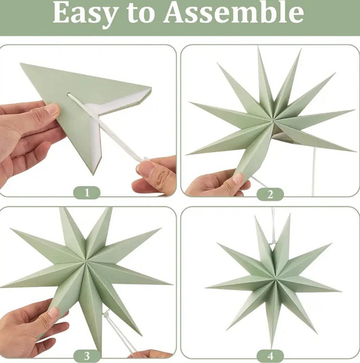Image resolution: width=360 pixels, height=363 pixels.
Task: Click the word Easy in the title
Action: [x=85, y=14]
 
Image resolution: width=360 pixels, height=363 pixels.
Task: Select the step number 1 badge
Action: [x=87, y=193]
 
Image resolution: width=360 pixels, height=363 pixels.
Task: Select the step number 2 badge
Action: [x=270, y=195]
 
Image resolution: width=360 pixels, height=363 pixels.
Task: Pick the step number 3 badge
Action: [x=87, y=356]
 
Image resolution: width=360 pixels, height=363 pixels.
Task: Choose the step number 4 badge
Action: [x=270, y=356]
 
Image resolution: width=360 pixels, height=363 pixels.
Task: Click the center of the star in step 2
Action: [x=273, y=120]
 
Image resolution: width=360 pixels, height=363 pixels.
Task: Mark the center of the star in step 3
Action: [x=86, y=261]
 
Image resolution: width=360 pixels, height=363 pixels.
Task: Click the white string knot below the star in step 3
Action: [x=107, y=314]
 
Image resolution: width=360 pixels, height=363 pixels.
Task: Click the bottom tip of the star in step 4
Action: [x=272, y=347]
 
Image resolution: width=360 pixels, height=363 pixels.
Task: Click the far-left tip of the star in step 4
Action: [x=206, y=288]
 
